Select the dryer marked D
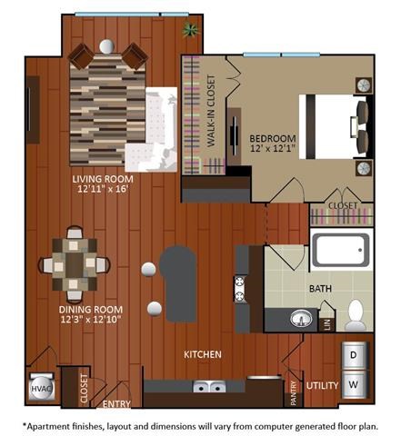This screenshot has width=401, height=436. coord(355,353)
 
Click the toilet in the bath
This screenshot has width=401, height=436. coord(356,314)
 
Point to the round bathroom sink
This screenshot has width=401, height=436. coord(300,318)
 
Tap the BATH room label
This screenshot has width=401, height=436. coord(319,289)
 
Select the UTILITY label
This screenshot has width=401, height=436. coord(322,386)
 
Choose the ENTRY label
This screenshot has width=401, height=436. coord(115,403)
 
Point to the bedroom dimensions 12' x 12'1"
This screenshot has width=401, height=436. coord(272,150)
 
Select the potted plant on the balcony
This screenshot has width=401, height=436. coord(191,31)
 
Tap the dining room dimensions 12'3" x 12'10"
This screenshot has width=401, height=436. coord(79,320)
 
